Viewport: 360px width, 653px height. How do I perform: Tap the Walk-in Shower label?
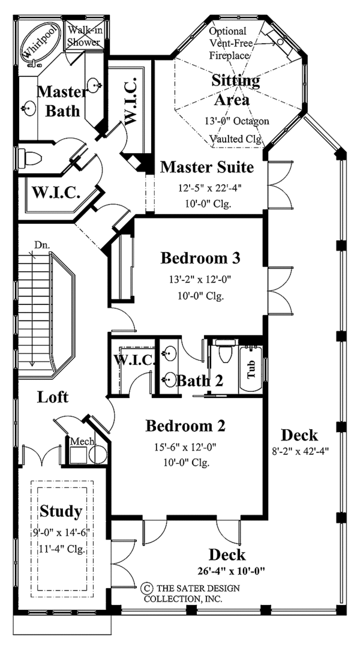tap(83, 36)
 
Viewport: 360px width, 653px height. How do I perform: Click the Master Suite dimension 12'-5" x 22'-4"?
tap(205, 188)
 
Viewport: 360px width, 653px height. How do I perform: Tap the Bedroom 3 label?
tap(200, 259)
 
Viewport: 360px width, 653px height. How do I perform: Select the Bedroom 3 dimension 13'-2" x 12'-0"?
tap(200, 279)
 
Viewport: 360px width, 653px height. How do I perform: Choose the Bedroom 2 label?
tap(185, 426)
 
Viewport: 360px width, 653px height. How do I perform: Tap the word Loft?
tap(52, 397)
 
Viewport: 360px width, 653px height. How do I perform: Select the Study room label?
tap(61, 511)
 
